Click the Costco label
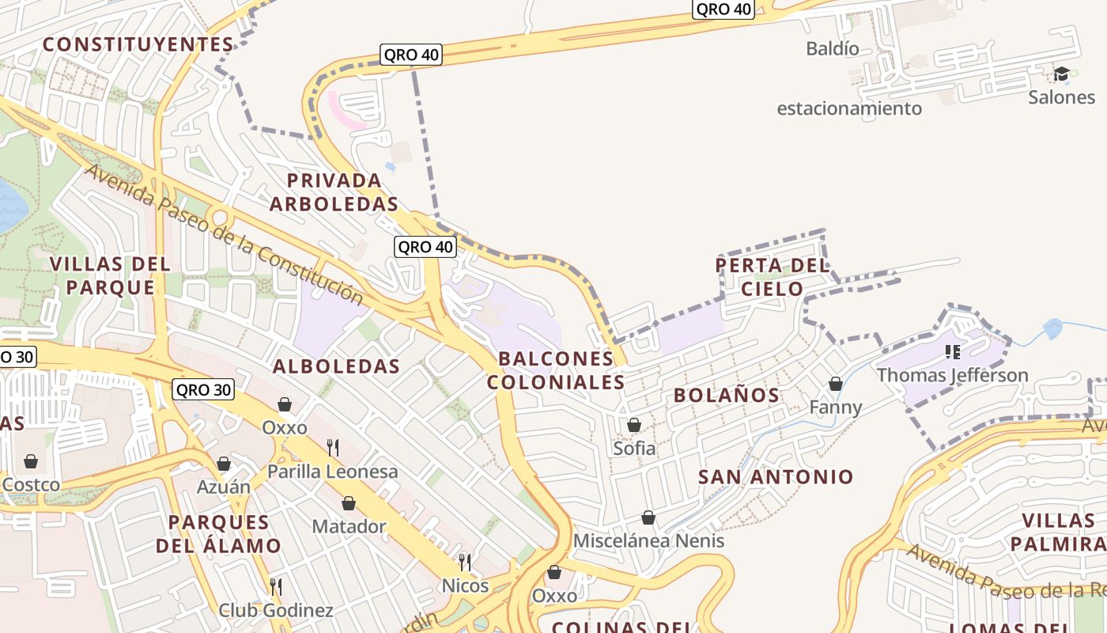[31, 483]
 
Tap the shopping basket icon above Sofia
[634, 425]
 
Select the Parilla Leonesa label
[333, 472]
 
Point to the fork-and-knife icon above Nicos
[465, 563]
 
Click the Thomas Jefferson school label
[953, 375]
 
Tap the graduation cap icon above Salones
[1061, 74]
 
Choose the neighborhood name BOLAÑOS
[727, 395]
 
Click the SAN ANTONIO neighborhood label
[776, 476]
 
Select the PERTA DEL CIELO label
[773, 277]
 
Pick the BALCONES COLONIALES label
[556, 370]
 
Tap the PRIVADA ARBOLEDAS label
[334, 192]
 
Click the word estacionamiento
[849, 108]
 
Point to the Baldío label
[833, 48]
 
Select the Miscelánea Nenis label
[648, 541]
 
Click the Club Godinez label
[275, 610]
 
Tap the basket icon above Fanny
[835, 384]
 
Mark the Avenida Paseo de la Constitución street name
[225, 234]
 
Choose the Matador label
[349, 526]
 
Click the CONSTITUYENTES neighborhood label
[138, 44]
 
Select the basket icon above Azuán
[224, 464]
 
